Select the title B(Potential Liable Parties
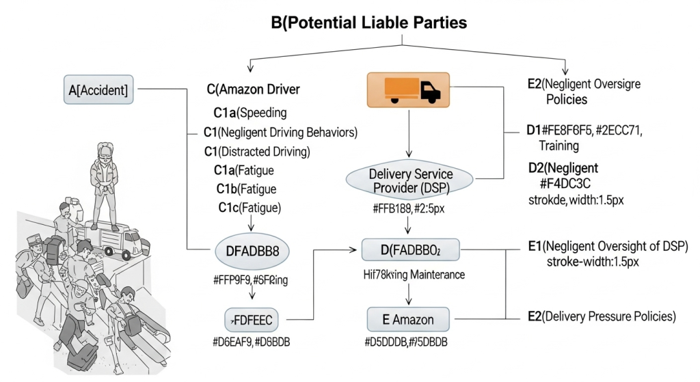click(369, 23)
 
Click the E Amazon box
click(409, 319)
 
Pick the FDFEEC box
click(252, 319)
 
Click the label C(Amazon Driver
click(253, 90)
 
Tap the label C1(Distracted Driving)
click(257, 150)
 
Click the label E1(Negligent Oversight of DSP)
click(608, 247)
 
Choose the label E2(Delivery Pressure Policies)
click(602, 316)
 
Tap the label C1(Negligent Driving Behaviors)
click(281, 131)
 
